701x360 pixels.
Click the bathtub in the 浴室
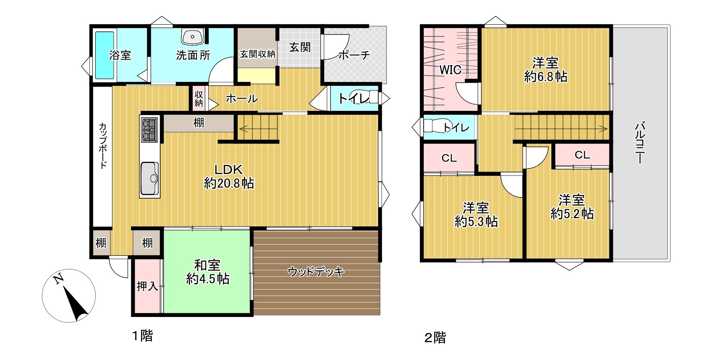pos(105,55)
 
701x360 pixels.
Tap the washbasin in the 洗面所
pos(192,37)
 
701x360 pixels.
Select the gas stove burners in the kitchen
pos(149,129)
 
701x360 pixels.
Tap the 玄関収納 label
pos(257,54)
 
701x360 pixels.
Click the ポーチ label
pos(354,55)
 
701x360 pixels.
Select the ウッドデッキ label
pos(316,271)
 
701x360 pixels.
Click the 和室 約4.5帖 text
pos(208,272)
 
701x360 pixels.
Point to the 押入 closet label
pos(147,286)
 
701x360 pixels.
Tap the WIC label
pos(450,70)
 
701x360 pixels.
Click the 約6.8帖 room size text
pos(546,77)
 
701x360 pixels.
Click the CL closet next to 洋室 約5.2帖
pos(582,155)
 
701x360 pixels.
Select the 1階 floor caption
pos(142,336)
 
